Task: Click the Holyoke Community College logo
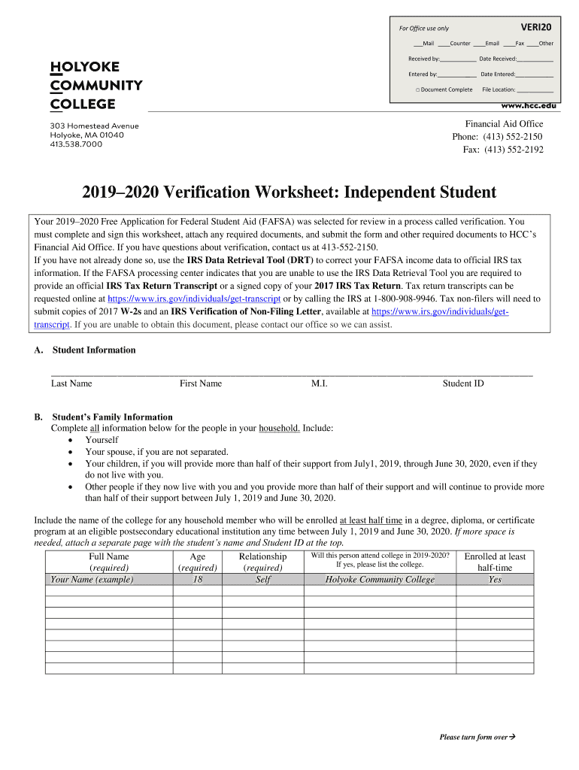tap(95, 85)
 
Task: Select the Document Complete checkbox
tap(417, 89)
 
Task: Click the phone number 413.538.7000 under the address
tap(76, 144)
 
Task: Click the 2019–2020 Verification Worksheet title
tap(289, 192)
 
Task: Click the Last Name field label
tap(71, 383)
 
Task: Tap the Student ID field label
tap(463, 383)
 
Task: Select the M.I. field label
tap(319, 383)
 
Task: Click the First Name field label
tap(201, 383)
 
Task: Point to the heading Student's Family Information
tap(112, 417)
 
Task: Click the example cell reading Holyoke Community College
tap(380, 580)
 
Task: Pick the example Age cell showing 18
tap(198, 580)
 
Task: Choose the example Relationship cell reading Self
tap(262, 580)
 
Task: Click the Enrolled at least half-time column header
tap(495, 562)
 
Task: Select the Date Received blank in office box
tap(535, 59)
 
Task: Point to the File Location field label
tap(499, 89)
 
